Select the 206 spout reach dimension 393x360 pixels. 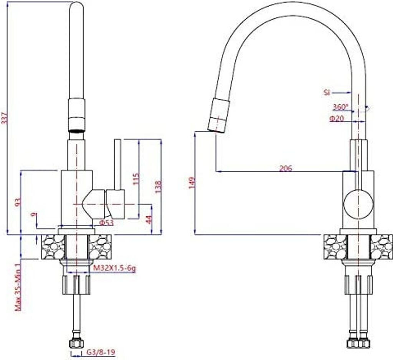(285, 168)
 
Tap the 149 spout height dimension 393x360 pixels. (192, 182)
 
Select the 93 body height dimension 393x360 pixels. (17, 202)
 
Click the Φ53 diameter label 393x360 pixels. (106, 223)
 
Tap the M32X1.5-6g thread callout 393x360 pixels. (115, 269)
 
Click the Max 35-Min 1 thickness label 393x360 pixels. (17, 286)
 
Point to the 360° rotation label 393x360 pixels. (340, 107)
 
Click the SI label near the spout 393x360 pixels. (327, 92)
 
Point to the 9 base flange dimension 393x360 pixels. (36, 215)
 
